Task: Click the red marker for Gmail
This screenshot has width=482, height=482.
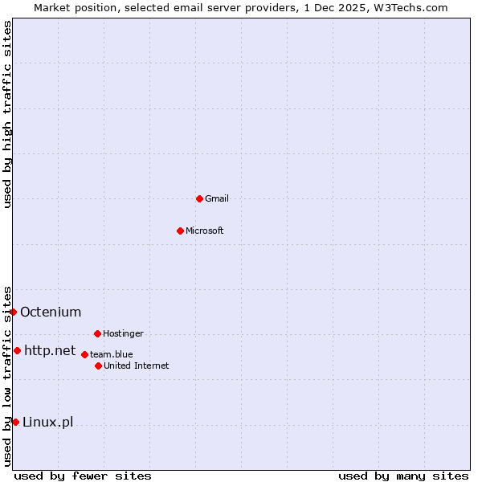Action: (x=199, y=198)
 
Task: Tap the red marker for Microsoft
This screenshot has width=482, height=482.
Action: (x=181, y=231)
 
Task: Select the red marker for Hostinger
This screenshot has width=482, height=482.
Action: (x=97, y=333)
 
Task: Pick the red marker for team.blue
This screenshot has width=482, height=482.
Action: (x=84, y=354)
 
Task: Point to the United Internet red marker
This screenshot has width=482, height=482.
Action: (x=98, y=366)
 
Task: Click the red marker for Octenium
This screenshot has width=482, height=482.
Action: (x=13, y=312)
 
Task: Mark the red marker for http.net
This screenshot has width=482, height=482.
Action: (x=17, y=350)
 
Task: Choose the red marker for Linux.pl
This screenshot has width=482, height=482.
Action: (x=15, y=422)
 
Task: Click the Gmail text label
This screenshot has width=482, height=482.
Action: (x=217, y=198)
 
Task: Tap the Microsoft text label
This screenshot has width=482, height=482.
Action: (x=205, y=231)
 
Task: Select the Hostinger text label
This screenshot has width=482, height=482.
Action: (x=123, y=333)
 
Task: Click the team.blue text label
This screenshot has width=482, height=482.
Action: (x=112, y=354)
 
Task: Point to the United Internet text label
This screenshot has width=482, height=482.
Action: (x=137, y=366)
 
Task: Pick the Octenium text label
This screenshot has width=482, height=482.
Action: (x=51, y=312)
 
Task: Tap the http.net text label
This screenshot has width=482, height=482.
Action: (x=50, y=350)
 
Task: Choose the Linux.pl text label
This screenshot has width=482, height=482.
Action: (x=47, y=422)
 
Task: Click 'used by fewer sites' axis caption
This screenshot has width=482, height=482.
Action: (x=83, y=476)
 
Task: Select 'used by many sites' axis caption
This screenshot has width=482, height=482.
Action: (x=403, y=476)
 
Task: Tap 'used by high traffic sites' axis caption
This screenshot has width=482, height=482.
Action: (x=7, y=114)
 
